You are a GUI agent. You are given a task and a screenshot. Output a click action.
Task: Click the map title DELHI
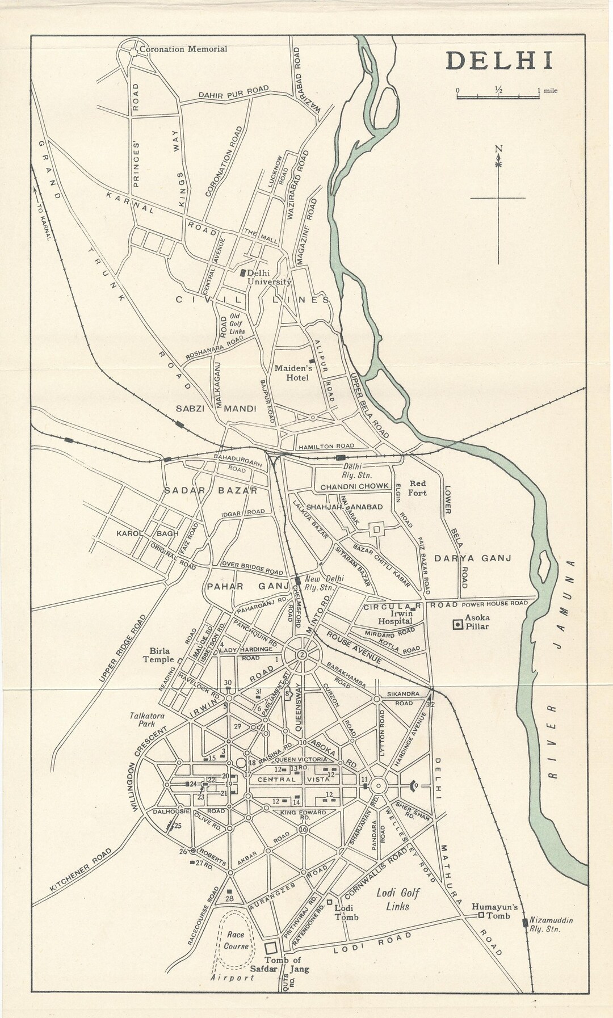tap(499, 61)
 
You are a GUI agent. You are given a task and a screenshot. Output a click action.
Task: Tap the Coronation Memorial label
tap(183, 49)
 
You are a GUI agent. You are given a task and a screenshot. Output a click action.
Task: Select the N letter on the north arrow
tap(498, 150)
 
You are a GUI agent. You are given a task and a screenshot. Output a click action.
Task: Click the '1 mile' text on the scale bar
tap(547, 90)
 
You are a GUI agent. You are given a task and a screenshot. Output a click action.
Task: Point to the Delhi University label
tap(268, 277)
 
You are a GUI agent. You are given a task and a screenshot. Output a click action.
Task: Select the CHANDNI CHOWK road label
tap(355, 487)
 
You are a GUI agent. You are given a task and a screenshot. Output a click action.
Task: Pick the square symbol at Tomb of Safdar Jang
tap(271, 949)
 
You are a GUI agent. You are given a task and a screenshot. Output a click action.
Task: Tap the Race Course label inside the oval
tap(236, 941)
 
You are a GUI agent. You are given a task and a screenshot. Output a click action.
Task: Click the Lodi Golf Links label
tap(398, 899)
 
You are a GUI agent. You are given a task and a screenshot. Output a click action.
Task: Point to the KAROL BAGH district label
tap(148, 533)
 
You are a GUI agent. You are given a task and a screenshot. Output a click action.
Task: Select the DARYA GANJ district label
tap(473, 558)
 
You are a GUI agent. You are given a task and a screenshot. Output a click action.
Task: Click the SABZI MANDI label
tap(216, 408)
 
